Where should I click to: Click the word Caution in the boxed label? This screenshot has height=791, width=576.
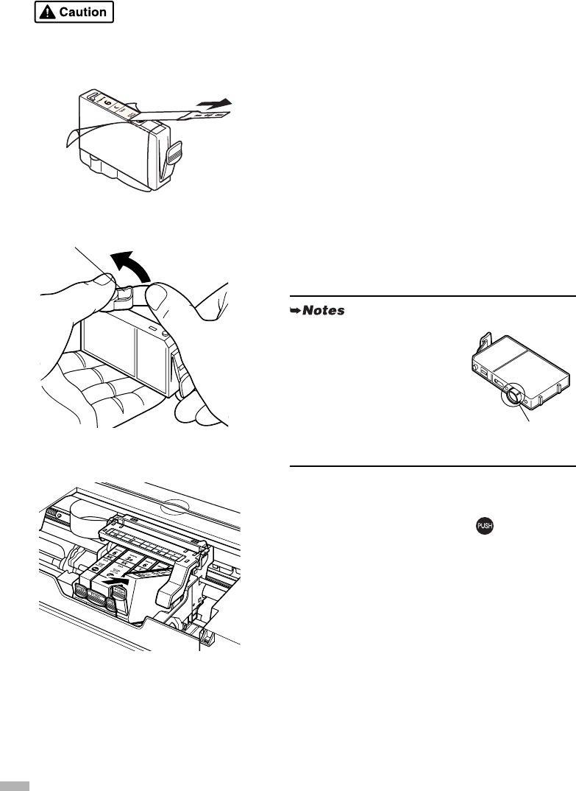[82, 13]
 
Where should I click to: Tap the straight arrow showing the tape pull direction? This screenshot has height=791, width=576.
[219, 103]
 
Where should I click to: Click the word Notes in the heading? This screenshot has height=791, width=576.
[326, 312]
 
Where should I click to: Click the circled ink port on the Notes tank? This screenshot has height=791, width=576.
[511, 397]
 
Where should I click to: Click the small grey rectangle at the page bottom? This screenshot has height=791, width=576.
[15, 786]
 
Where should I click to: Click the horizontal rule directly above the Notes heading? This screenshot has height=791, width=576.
[433, 296]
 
